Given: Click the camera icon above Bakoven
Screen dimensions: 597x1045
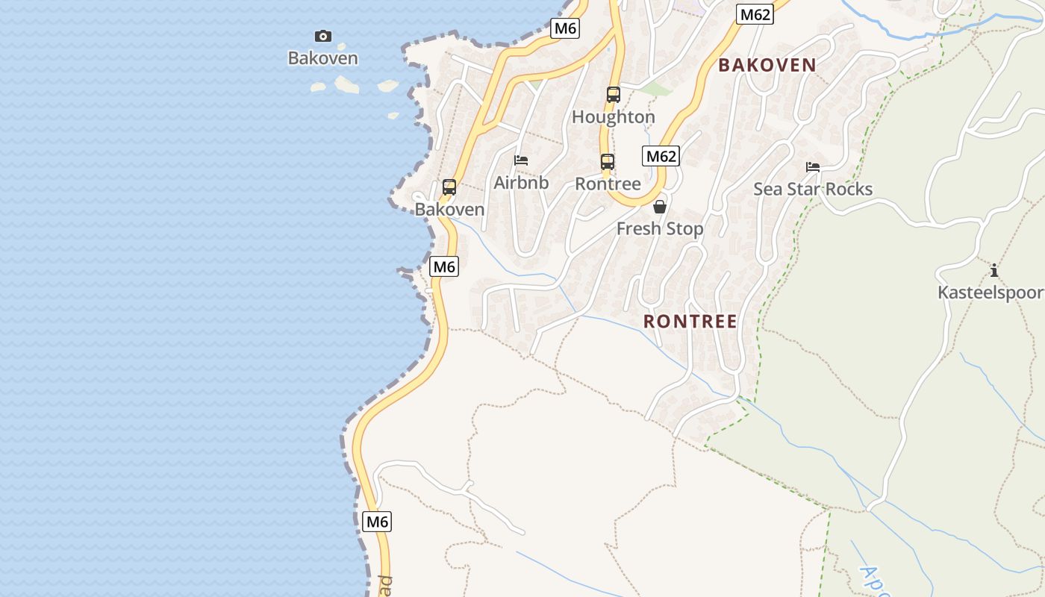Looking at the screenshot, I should (x=322, y=36).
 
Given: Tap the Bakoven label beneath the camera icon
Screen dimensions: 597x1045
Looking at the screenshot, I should (x=322, y=58).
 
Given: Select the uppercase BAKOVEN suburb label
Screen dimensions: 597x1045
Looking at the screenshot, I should (x=767, y=65).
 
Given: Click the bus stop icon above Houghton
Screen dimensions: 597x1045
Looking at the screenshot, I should (x=613, y=95).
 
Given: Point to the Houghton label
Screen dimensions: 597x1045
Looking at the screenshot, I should (x=613, y=117).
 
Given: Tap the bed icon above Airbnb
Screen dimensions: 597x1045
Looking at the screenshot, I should (x=521, y=160).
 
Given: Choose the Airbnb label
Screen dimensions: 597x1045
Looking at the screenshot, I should (x=521, y=183).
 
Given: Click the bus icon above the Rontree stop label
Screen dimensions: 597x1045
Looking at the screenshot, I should (x=608, y=161).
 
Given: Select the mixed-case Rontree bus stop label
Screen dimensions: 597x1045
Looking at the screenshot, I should (x=608, y=184).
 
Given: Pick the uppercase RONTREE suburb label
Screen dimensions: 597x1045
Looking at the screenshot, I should (x=690, y=322).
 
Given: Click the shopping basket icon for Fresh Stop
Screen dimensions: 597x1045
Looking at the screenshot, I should (x=660, y=207).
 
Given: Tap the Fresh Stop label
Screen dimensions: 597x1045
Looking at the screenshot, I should (x=660, y=229).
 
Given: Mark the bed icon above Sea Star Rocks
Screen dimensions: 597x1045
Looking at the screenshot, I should (x=813, y=167).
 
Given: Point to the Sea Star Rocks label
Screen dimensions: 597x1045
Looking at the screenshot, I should (x=813, y=190).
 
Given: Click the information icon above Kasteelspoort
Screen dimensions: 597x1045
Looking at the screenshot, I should (x=993, y=270).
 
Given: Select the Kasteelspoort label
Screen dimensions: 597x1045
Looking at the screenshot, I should (x=991, y=293).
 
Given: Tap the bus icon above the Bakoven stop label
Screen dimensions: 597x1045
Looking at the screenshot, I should (x=449, y=187).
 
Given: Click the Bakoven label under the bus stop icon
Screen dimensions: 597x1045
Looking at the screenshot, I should (x=449, y=210).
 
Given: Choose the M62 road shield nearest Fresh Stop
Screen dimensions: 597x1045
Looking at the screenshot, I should (x=661, y=156).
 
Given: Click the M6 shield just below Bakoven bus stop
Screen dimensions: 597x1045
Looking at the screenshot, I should (x=444, y=266).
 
